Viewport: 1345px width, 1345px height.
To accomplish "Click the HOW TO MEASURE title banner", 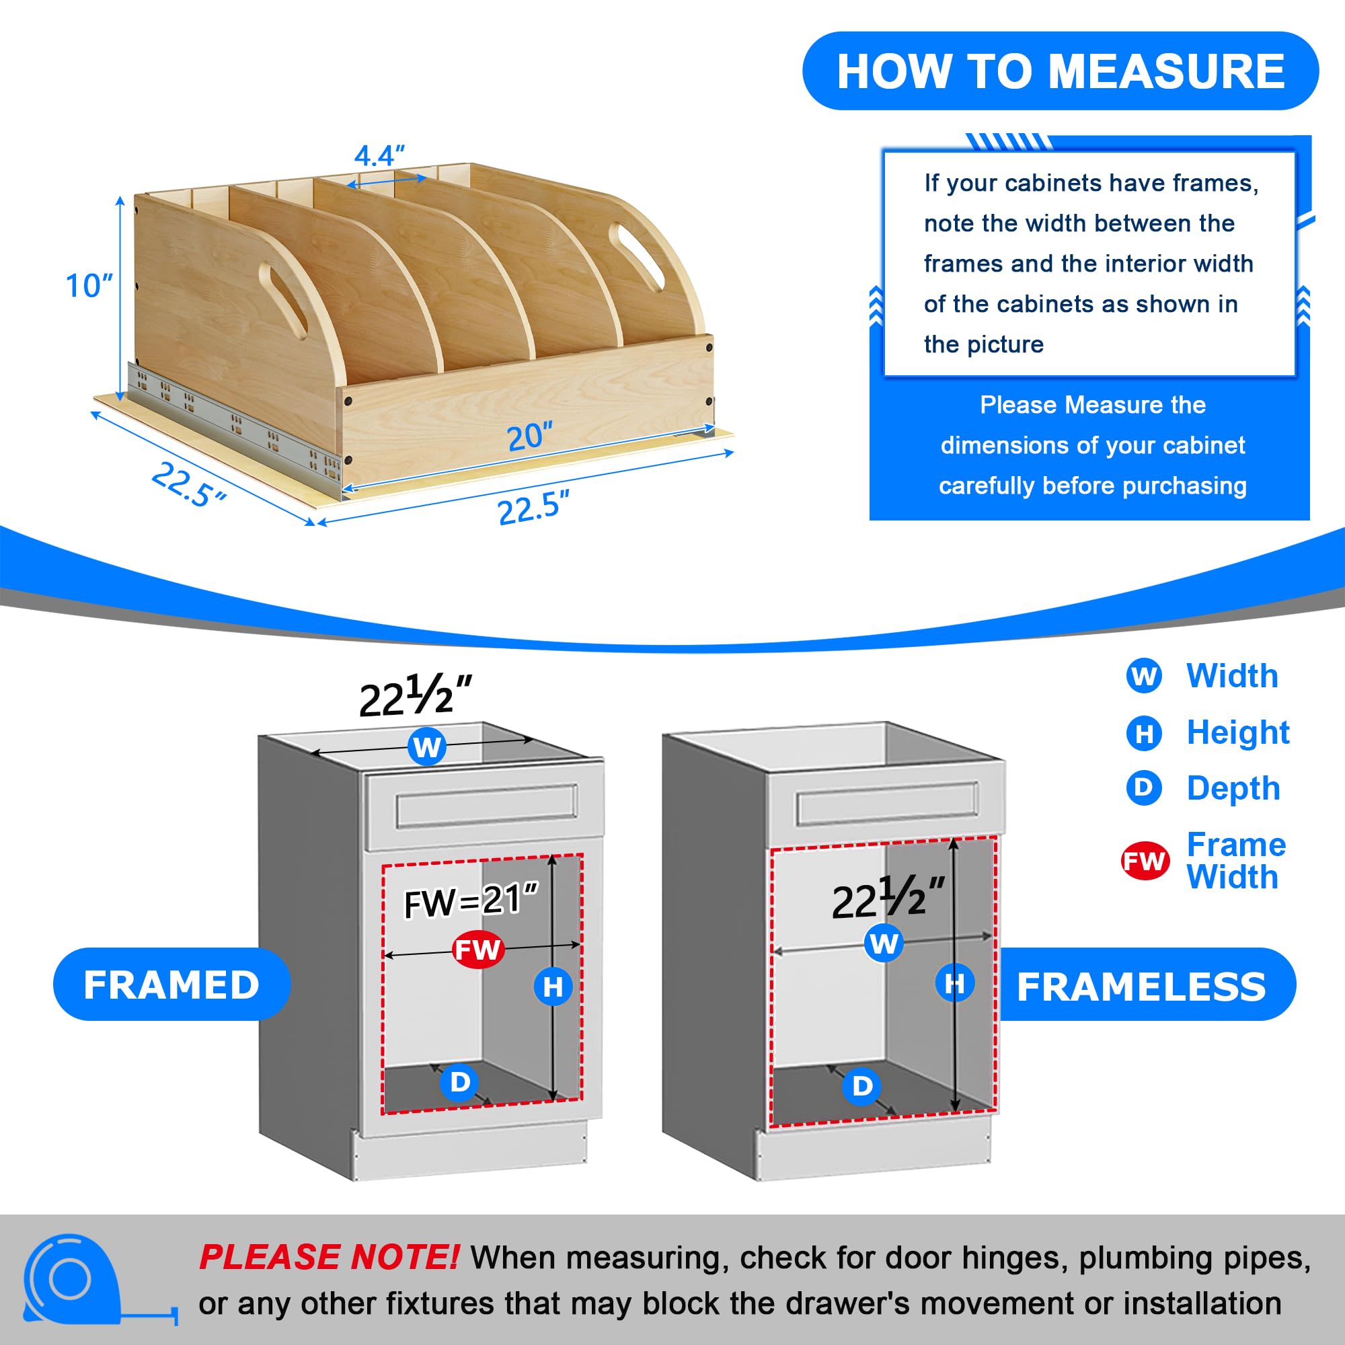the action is click(x=1061, y=71).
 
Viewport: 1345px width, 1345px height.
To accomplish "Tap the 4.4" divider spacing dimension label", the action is click(x=379, y=155).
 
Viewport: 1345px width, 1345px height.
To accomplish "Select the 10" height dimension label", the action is click(x=88, y=285).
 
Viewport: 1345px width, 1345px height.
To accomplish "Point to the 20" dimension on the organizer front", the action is click(x=529, y=436).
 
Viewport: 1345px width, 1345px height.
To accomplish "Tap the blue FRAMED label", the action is click(x=171, y=985).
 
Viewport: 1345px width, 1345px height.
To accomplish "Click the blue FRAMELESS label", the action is click(x=1142, y=986).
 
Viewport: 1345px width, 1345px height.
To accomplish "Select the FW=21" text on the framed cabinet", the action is click(x=471, y=901).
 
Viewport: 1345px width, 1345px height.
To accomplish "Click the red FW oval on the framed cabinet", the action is click(x=477, y=950).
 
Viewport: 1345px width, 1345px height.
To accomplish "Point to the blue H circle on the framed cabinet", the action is click(x=553, y=987).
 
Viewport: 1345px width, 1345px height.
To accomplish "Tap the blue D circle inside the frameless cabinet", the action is click(x=862, y=1085).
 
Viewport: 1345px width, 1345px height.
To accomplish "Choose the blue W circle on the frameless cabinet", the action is click(x=884, y=944).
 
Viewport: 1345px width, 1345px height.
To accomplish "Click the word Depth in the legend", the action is click(x=1233, y=788).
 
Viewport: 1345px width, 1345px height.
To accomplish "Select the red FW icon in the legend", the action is click(x=1144, y=861).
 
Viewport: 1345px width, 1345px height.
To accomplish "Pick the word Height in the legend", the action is click(x=1238, y=732).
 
